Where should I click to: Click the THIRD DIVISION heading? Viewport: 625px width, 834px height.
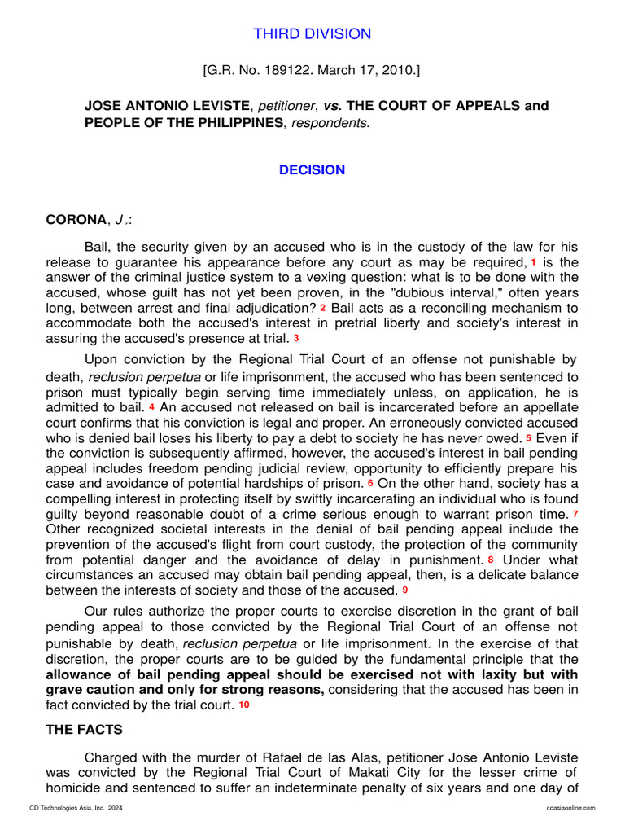312,33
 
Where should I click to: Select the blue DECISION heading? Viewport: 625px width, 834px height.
312,170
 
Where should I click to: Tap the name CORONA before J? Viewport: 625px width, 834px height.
76,219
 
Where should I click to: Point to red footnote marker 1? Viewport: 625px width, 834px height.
533,262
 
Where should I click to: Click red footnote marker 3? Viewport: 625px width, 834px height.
296,338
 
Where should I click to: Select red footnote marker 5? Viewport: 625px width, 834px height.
528,438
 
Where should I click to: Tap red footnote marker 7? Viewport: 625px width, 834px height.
575,514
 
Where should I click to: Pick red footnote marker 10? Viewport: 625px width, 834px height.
244,705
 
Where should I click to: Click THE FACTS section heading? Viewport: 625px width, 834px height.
84,730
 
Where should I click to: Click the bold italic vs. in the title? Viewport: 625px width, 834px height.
331,106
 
